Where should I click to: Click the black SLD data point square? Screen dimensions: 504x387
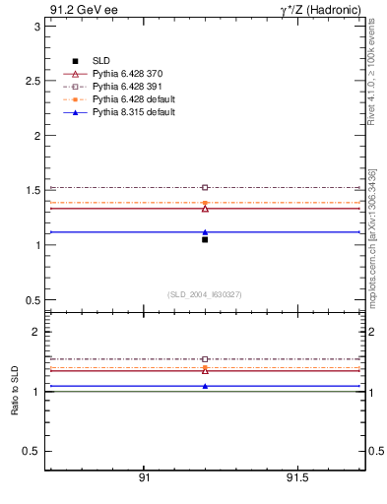point(205,239)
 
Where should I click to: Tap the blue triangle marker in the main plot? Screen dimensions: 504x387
point(205,232)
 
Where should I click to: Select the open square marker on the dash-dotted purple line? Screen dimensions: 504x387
point(205,187)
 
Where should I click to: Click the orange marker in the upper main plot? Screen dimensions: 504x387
point(205,203)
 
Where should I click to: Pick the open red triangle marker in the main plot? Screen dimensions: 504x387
point(205,209)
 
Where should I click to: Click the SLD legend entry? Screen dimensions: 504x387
point(100,61)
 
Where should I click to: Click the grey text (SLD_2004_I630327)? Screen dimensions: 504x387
point(205,294)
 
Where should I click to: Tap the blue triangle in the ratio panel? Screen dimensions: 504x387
point(205,386)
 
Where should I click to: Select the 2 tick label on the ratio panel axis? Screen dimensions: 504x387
point(35,332)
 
